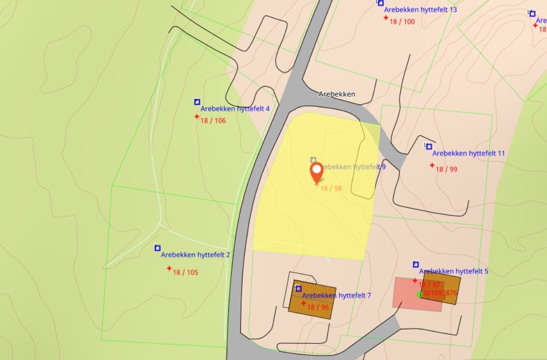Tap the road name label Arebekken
coord(337,94)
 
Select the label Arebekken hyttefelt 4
coord(235,109)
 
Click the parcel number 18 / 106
coord(213,121)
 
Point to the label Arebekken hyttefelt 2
coord(195,255)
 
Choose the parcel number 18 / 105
coord(185,272)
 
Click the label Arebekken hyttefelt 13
coord(420,10)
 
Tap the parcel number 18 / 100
coord(402,22)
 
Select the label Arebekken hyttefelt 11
coord(469,153)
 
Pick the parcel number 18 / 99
coord(447,169)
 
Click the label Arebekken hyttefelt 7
coord(337,295)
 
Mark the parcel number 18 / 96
coord(318,307)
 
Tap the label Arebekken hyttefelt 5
coord(453,271)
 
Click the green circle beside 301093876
coord(420,294)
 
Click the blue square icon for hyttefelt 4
coord(197,102)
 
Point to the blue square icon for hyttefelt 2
coord(157,248)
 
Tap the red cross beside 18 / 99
coord(432,165)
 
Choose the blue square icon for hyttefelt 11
coord(429,146)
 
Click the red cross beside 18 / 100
coord(386,17)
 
